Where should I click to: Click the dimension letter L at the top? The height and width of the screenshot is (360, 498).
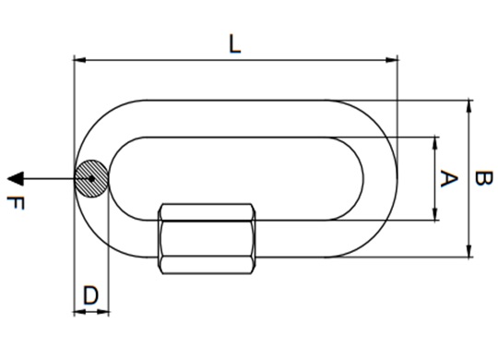click(x=235, y=43)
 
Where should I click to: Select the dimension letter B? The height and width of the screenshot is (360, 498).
click(x=481, y=179)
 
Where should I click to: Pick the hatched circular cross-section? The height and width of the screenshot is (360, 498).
click(x=91, y=177)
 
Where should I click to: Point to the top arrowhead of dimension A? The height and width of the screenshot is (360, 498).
click(x=435, y=141)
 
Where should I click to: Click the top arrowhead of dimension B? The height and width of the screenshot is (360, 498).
click(x=470, y=105)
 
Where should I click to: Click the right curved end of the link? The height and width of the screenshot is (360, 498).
click(x=387, y=177)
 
